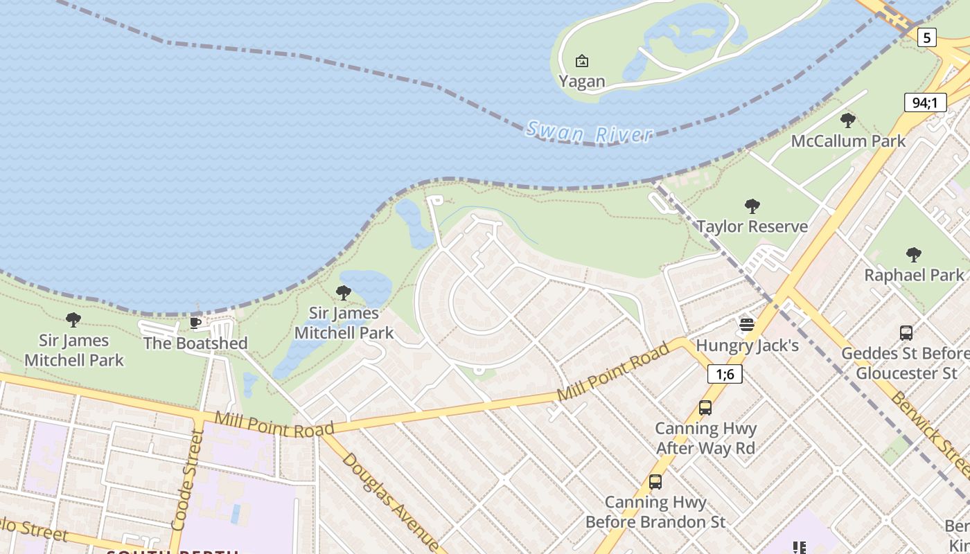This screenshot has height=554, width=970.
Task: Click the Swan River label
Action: (590, 132)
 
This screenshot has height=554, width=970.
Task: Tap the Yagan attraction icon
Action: (582, 61)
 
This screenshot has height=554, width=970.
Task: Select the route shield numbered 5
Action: (926, 37)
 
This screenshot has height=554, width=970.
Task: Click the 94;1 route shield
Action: (925, 103)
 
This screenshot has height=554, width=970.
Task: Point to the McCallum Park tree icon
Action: (847, 120)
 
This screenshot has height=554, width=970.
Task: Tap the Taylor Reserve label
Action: (752, 226)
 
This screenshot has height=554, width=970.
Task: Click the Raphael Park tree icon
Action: (914, 255)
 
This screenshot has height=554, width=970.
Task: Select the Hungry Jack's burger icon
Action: (746, 324)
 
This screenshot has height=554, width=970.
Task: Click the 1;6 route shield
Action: (725, 375)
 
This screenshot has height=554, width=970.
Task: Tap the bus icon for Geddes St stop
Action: (906, 333)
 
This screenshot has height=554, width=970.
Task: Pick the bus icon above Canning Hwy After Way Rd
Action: (705, 408)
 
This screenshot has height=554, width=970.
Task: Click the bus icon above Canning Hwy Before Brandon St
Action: (655, 482)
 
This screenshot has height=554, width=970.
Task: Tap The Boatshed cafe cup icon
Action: (195, 323)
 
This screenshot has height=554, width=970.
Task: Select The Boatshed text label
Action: (195, 343)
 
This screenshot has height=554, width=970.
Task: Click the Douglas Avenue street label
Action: (389, 501)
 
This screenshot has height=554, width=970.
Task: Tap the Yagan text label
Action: (582, 82)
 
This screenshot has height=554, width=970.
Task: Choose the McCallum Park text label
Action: (848, 141)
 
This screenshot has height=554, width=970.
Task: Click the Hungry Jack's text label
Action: (747, 345)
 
